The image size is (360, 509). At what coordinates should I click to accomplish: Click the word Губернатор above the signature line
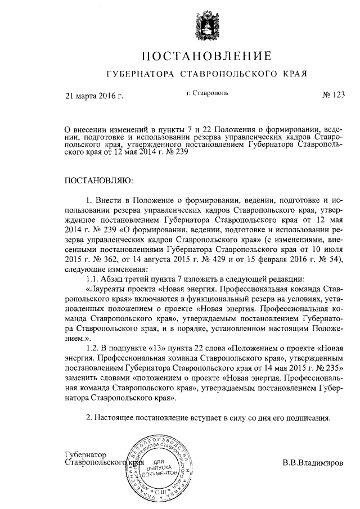tap(86, 454)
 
